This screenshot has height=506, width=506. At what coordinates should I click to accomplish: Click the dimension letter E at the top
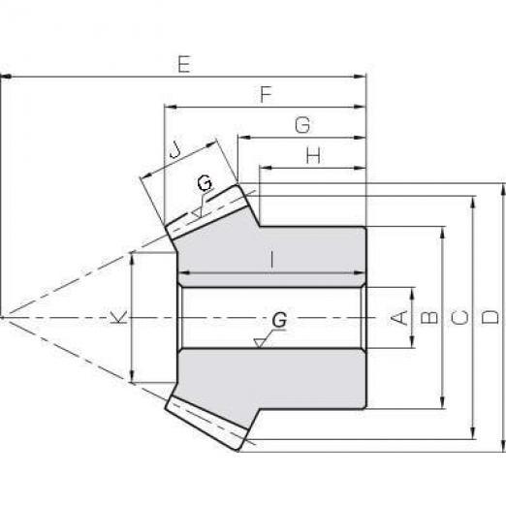point(184,64)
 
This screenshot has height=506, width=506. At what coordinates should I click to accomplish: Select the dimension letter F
point(267,94)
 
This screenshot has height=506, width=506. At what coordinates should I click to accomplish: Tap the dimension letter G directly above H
point(302,125)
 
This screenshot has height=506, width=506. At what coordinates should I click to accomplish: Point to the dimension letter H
point(313,155)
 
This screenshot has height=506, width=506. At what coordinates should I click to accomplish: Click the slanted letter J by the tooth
point(175,149)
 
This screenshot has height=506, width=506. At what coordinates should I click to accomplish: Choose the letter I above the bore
point(272,260)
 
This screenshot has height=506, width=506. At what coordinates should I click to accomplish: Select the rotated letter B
point(429,317)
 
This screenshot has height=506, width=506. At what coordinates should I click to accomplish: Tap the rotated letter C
point(459,317)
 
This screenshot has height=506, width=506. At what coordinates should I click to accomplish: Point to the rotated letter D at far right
point(490,317)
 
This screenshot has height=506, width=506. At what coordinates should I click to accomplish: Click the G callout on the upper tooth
point(205,182)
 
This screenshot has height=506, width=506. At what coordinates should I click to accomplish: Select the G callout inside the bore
point(279,320)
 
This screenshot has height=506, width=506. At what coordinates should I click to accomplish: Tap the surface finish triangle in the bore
point(259,342)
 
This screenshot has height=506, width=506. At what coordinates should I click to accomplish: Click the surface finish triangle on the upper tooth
point(197,212)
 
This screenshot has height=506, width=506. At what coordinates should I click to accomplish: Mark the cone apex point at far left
point(2,318)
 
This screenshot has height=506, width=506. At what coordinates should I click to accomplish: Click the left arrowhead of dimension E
point(7,77)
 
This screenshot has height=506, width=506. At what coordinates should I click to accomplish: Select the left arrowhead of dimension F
point(171,107)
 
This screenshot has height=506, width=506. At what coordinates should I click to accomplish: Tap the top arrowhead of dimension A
point(412,293)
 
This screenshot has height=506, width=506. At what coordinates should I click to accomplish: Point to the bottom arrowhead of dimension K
point(132,377)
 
